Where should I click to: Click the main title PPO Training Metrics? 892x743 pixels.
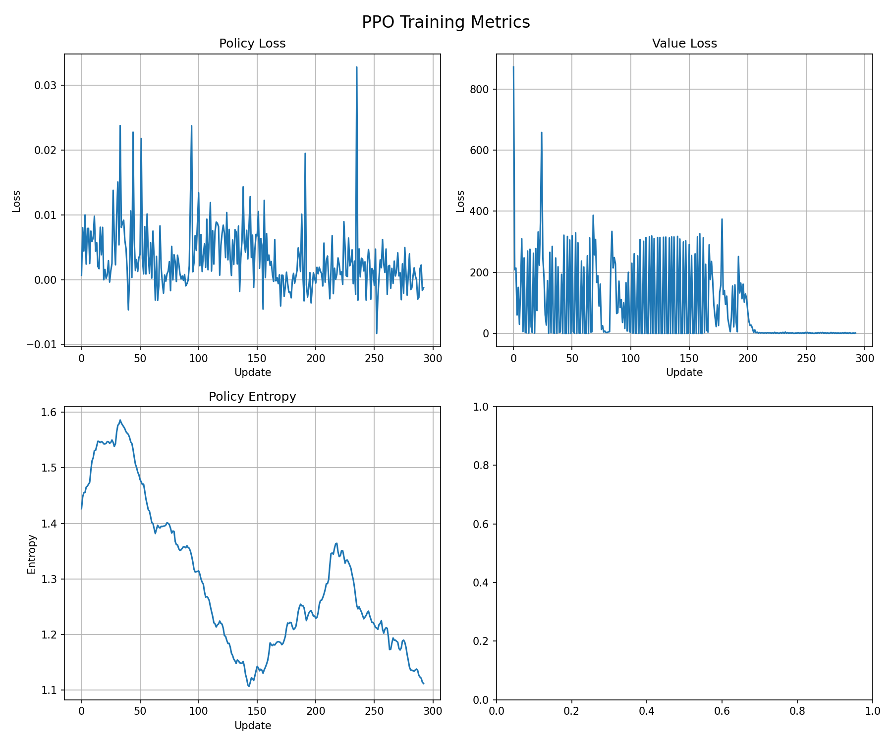click(x=446, y=22)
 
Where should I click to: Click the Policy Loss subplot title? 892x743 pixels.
click(x=252, y=44)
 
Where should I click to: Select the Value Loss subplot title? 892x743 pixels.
click(x=684, y=44)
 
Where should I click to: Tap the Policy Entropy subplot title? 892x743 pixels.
click(x=252, y=397)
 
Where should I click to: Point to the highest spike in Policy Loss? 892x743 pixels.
click(x=357, y=67)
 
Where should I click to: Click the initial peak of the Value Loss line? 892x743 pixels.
click(x=513, y=67)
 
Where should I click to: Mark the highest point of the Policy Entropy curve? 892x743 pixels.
click(x=120, y=420)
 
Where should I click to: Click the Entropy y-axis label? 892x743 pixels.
click(x=32, y=554)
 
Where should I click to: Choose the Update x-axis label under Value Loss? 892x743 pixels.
click(x=684, y=372)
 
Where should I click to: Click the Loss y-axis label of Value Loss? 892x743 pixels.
click(x=460, y=201)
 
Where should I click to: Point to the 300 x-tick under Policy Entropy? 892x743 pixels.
click(x=433, y=711)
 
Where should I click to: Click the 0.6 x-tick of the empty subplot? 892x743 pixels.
click(x=722, y=711)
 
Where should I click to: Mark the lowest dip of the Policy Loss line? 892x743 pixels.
click(x=377, y=333)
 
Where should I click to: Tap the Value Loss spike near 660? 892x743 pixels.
click(x=542, y=132)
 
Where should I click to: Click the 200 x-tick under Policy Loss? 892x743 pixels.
click(x=316, y=358)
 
